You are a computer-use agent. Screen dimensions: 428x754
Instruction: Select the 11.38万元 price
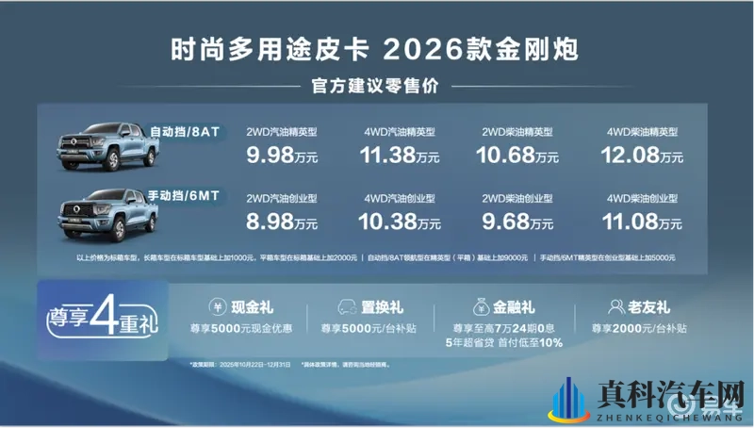(x=402, y=156)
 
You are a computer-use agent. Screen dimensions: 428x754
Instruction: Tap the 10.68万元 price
(x=518, y=156)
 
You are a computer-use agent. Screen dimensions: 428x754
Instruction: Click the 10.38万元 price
(x=402, y=223)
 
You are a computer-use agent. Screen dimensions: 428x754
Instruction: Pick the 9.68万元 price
(x=518, y=223)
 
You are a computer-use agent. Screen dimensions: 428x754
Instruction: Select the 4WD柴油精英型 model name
(x=638, y=132)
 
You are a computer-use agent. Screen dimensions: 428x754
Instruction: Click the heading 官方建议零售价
(x=377, y=87)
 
